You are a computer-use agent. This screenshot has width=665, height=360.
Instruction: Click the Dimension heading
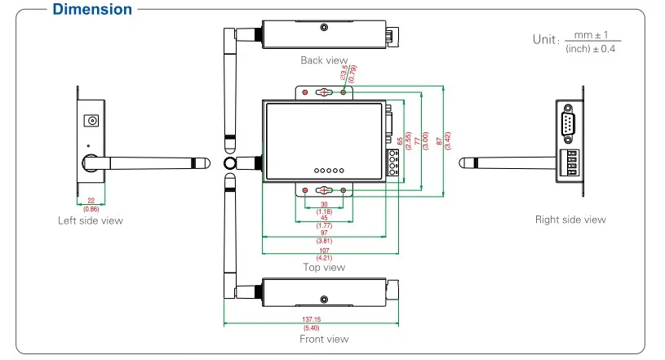91,10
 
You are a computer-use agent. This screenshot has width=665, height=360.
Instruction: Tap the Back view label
324,60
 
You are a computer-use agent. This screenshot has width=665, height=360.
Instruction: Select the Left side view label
91,220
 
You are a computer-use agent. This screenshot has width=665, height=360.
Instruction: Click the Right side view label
570,219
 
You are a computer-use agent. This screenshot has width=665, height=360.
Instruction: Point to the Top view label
324,267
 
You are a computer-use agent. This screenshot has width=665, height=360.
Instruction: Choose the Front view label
324,339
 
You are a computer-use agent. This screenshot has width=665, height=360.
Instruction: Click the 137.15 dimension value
311,320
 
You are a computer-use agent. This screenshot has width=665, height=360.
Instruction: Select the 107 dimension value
324,250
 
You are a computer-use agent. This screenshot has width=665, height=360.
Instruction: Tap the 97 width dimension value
324,233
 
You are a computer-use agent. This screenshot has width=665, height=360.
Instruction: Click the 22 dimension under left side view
91,202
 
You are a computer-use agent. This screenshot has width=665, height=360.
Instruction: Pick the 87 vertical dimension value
441,141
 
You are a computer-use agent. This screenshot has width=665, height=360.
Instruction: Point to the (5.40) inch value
311,328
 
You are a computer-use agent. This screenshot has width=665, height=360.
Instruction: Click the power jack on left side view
92,122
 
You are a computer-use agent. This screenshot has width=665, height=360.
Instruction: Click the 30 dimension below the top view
324,204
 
